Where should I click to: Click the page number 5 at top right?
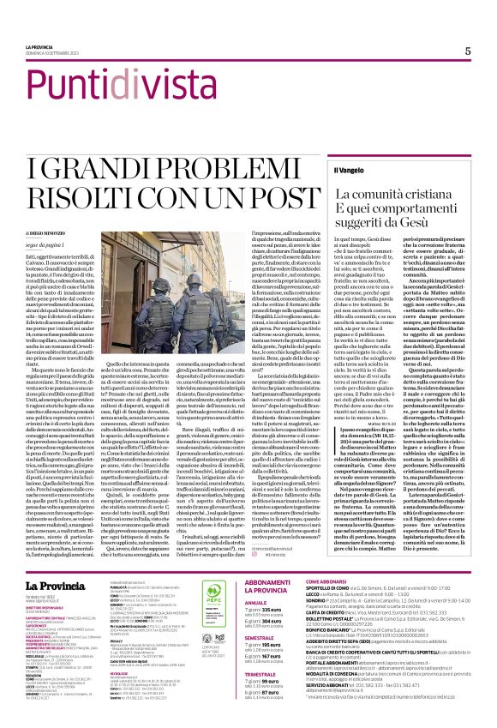[467, 51]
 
